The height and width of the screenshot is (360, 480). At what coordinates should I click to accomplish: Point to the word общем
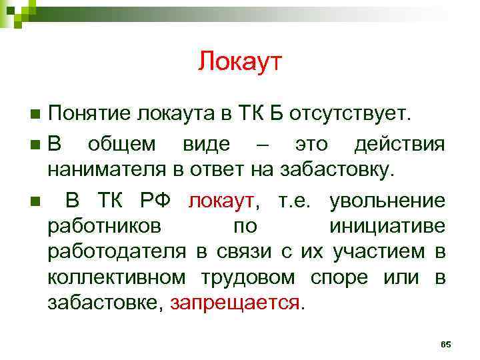click(122, 144)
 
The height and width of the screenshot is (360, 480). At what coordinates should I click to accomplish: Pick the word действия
click(399, 144)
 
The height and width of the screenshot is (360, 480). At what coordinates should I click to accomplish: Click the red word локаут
click(221, 201)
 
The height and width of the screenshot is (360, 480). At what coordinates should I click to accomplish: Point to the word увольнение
click(388, 201)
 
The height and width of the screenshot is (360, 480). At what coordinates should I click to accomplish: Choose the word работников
click(103, 226)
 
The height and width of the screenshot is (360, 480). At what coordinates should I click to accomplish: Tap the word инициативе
click(387, 226)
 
